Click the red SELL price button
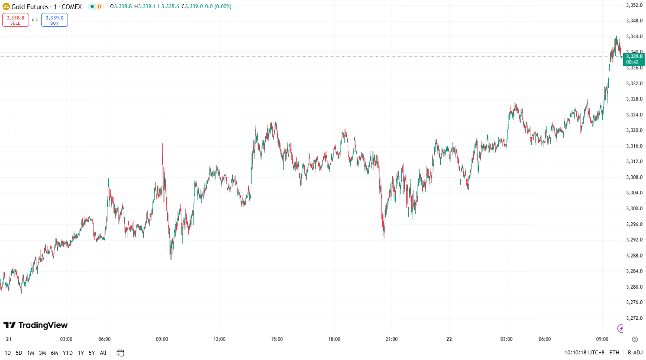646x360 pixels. (16, 20)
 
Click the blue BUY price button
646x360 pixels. (55, 20)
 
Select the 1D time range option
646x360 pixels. (8, 353)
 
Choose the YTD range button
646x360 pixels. (68, 353)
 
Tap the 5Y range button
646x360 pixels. (92, 353)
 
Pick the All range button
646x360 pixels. (103, 353)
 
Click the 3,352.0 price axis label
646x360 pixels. (634, 5)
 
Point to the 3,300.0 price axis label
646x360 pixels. (634, 209)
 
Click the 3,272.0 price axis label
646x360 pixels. (634, 318)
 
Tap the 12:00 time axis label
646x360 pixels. (220, 339)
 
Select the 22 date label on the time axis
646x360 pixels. (449, 339)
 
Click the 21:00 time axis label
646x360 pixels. (391, 339)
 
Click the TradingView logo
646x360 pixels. (36, 325)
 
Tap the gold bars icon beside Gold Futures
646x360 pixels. (6, 6)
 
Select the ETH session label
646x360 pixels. (614, 353)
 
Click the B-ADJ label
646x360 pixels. (635, 353)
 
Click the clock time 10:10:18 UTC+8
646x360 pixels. (584, 353)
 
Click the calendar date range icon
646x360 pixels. (120, 353)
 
